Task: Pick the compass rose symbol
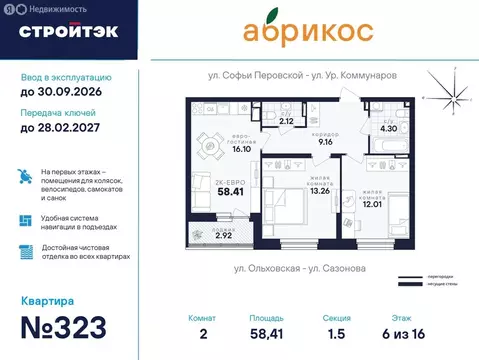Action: coord(453,95)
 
